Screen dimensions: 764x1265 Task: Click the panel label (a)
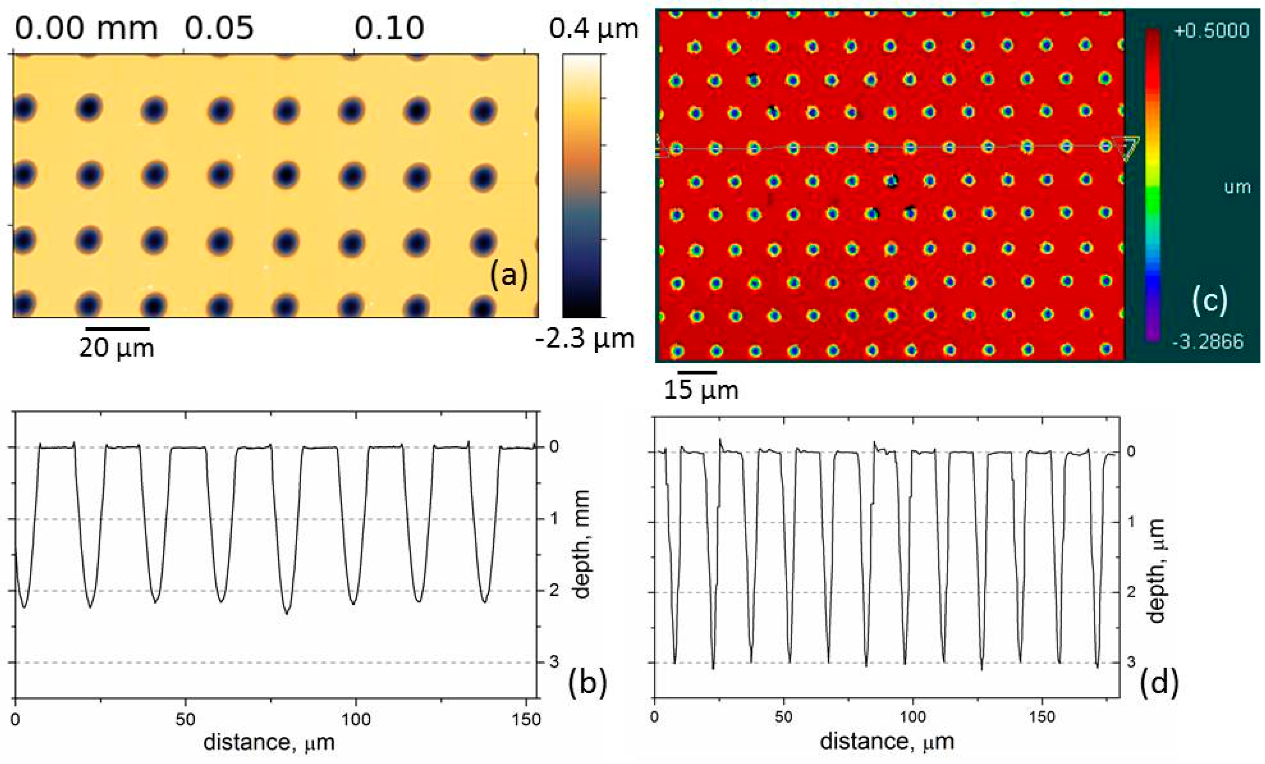point(508,275)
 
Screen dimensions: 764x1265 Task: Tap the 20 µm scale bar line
point(117,328)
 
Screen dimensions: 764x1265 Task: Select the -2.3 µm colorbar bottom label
point(585,339)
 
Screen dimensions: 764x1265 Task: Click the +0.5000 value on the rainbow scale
point(1211,31)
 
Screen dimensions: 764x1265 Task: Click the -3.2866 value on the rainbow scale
point(1208,341)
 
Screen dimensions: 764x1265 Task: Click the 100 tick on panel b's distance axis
point(356,719)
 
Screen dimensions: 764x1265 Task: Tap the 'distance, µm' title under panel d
point(887,741)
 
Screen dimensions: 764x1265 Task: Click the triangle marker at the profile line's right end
point(1126,148)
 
